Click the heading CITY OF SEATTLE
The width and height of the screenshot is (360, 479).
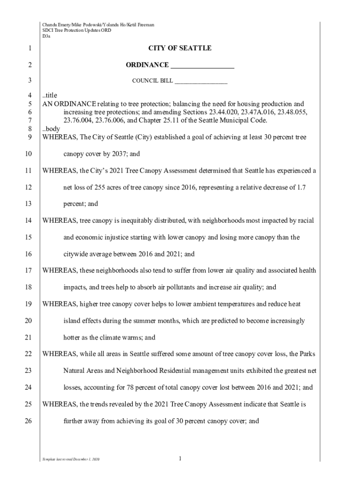click(180, 48)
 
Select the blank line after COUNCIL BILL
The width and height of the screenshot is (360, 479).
click(201, 81)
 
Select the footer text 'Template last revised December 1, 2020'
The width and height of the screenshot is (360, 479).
click(70, 461)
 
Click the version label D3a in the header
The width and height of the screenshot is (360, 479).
click(46, 36)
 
